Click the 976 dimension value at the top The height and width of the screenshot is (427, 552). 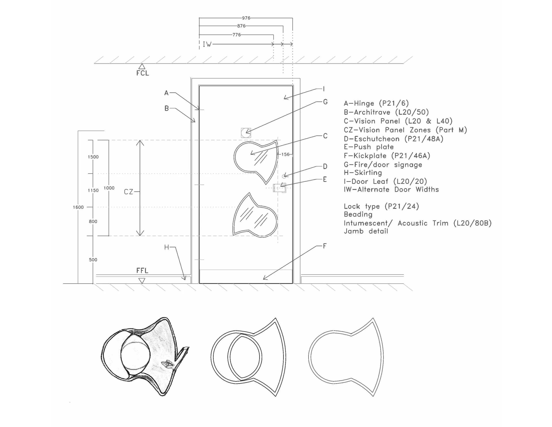pos(246,18)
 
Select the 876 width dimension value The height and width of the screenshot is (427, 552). pos(241,26)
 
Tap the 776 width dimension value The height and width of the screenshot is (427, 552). pos(236,35)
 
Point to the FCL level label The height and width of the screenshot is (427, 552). pos(143,73)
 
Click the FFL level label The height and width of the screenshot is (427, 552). pos(142,271)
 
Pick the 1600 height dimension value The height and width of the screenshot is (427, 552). pos(78,207)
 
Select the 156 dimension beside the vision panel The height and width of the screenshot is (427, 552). pos(285,154)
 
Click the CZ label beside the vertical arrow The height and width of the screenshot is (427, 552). pos(129,192)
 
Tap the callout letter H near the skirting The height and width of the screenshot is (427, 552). pos(166,247)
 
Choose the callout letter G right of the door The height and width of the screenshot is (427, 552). pos(325,102)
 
